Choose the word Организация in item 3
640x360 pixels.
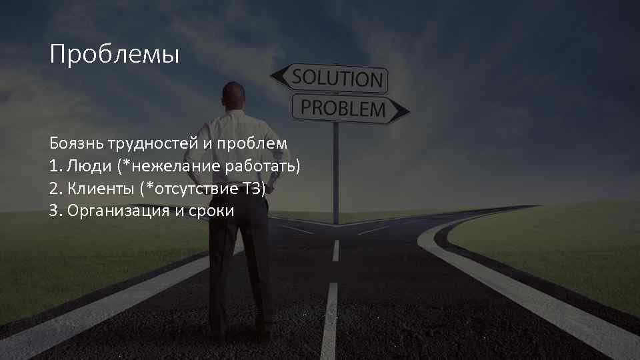tap(118, 212)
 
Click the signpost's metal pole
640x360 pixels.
tap(335, 173)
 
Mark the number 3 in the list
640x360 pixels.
tap(53, 211)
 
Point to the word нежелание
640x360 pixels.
tap(177, 166)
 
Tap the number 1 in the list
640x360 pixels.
tap(53, 166)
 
